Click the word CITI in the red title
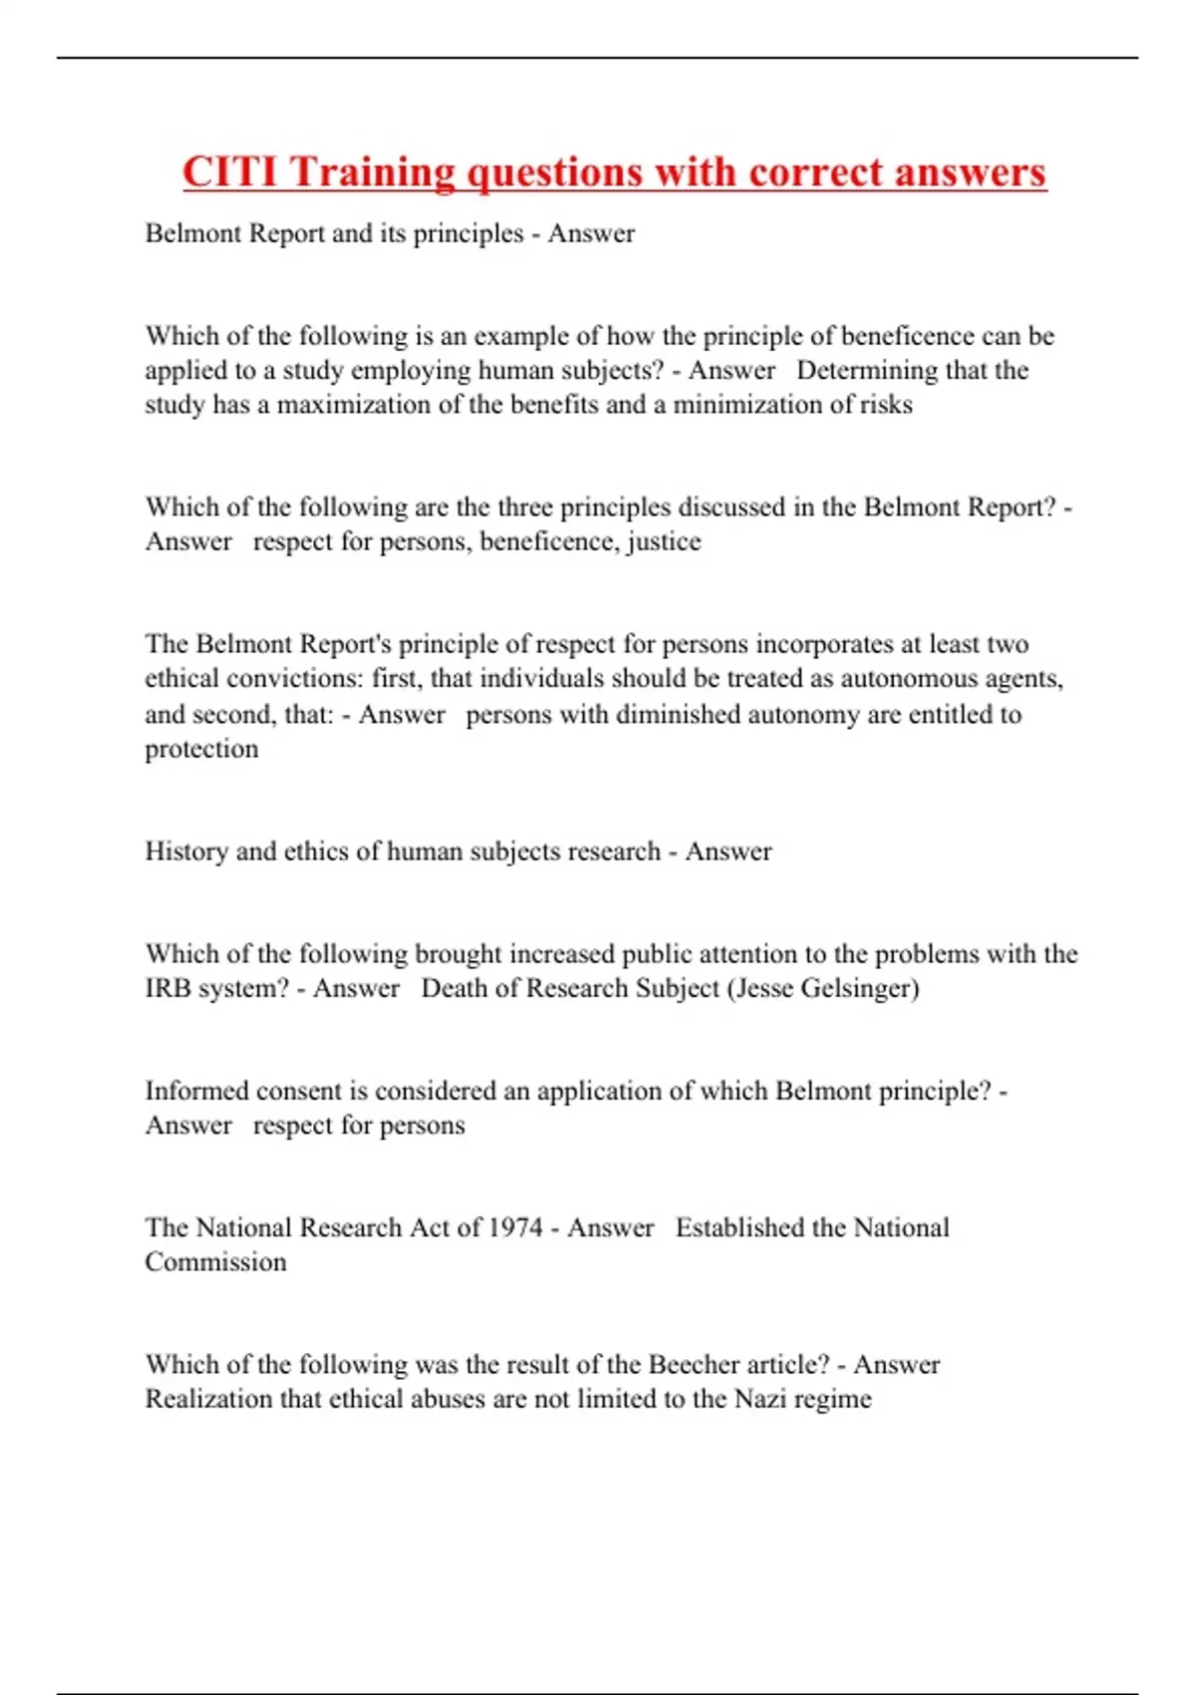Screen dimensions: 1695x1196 (x=230, y=171)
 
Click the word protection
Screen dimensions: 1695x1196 (x=201, y=749)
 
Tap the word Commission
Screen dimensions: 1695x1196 (x=215, y=1262)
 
